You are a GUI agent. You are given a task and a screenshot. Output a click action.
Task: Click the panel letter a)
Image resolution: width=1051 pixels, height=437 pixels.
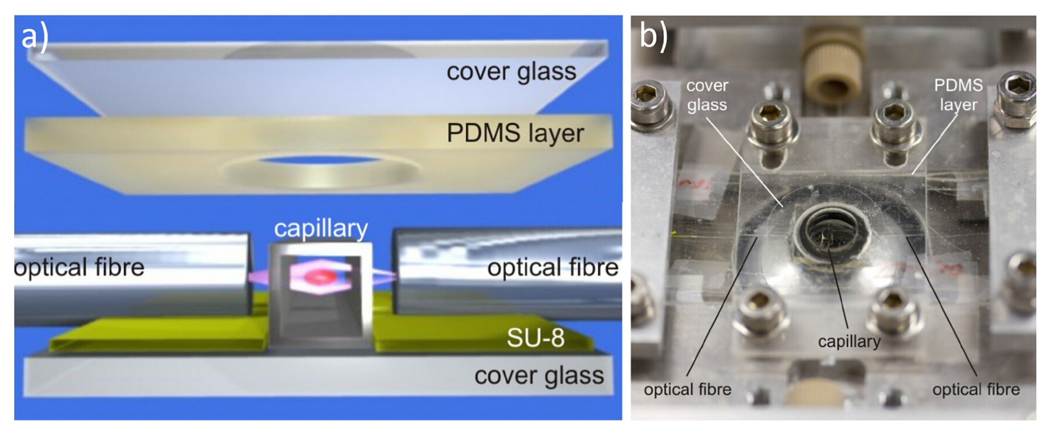[35, 37]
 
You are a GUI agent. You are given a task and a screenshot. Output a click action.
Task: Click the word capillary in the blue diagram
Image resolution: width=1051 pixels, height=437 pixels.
[321, 229]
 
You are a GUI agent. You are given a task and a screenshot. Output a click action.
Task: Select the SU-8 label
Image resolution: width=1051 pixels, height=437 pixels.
[535, 338]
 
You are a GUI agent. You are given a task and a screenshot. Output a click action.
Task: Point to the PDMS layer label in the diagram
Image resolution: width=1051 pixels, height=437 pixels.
[515, 134]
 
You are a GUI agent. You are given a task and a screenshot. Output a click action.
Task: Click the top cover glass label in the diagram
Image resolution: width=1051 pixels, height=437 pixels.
[511, 72]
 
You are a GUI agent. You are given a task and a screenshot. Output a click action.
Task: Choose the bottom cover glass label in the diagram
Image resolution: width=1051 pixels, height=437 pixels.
[539, 376]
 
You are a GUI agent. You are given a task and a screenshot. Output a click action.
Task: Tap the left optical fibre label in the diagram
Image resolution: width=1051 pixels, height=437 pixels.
[79, 268]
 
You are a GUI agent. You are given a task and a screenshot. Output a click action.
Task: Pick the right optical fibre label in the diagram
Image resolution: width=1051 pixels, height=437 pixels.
[553, 268]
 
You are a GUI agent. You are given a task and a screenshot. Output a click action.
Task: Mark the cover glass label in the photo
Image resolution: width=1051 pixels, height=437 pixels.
[707, 95]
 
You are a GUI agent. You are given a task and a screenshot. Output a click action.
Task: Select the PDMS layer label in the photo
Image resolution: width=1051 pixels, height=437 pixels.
[958, 95]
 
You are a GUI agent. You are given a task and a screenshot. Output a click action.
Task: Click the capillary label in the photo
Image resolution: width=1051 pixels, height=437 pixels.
[849, 341]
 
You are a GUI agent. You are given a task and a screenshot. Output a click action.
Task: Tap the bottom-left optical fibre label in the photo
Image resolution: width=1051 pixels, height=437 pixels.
[687, 389]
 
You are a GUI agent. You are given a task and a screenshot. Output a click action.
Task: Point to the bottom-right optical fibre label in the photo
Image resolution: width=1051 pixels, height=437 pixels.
[976, 389]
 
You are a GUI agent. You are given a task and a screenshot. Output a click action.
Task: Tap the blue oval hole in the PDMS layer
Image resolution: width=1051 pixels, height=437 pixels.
[320, 160]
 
